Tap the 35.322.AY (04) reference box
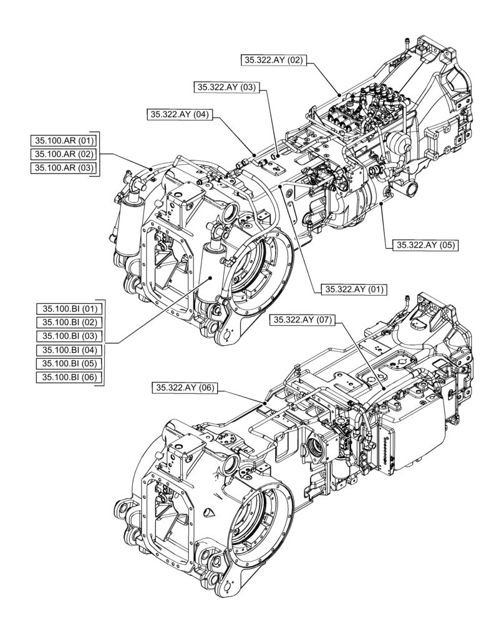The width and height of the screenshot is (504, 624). [180, 114]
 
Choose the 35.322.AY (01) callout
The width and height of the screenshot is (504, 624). [354, 289]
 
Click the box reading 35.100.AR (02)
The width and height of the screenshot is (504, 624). [64, 154]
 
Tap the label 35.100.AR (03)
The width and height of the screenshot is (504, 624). [64, 168]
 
